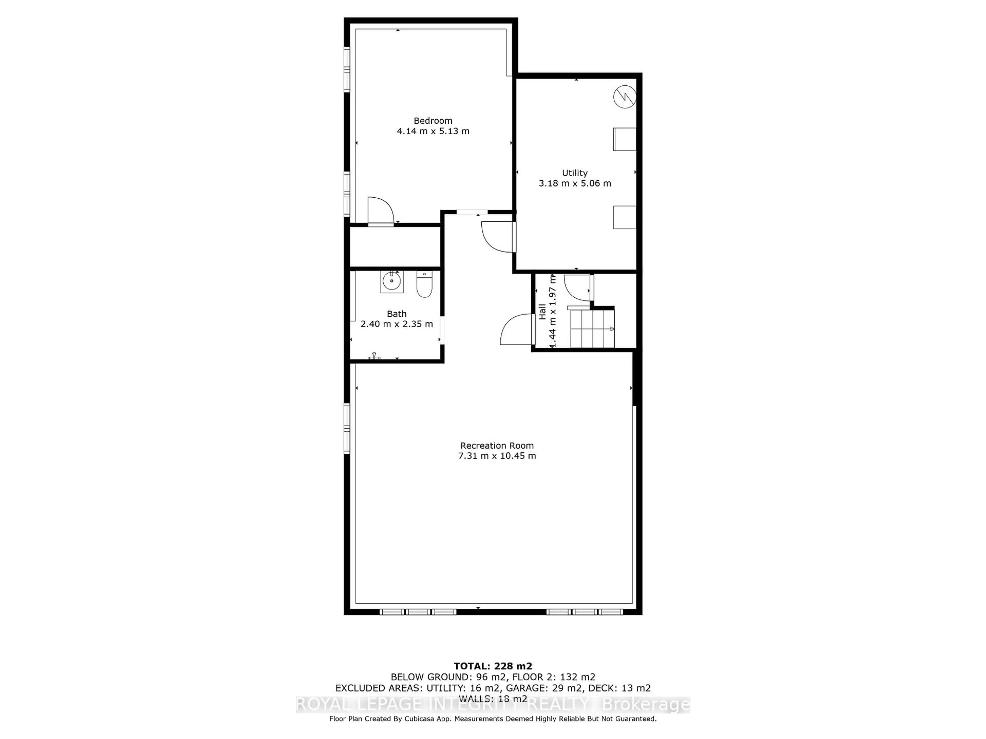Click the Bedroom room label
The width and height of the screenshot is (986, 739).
pyautogui.click(x=433, y=121)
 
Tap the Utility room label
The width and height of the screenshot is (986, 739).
pyautogui.click(x=575, y=173)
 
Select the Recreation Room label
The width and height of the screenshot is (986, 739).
pyautogui.click(x=497, y=445)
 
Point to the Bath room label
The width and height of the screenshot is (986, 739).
pyautogui.click(x=396, y=314)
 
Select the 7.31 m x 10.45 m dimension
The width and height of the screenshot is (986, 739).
pyautogui.click(x=497, y=456)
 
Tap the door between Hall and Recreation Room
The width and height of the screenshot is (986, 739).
pyautogui.click(x=517, y=330)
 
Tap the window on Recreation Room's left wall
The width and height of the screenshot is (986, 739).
pyautogui.click(x=347, y=428)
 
